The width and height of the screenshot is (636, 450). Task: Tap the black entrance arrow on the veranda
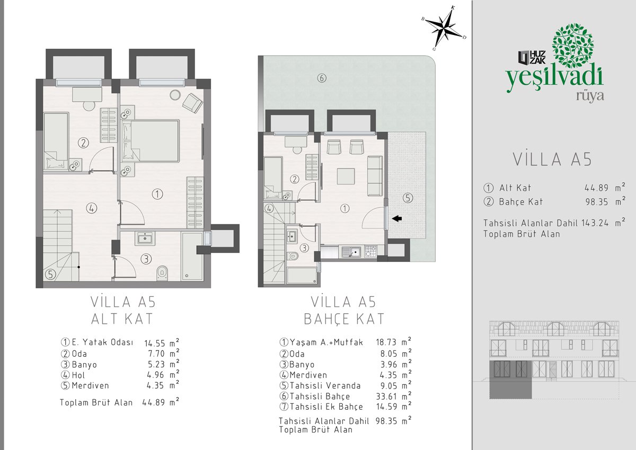[396, 218]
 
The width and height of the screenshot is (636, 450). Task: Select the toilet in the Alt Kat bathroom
[162, 273]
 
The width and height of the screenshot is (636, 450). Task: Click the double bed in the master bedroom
[151, 141]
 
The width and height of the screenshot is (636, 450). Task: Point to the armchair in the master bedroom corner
[192, 103]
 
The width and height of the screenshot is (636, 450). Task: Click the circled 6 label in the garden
[321, 78]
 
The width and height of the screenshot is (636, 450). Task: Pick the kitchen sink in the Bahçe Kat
[351, 251]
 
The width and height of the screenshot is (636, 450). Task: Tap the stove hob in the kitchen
[370, 251]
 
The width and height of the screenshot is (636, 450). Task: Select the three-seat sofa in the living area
[375, 176]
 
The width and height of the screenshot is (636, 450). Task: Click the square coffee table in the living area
[346, 177]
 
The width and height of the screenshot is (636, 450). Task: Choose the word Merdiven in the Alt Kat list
[90, 385]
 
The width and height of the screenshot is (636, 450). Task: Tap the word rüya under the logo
[590, 96]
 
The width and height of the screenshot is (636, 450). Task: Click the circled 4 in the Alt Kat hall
[91, 208]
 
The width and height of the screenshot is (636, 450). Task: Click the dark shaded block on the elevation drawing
[510, 380]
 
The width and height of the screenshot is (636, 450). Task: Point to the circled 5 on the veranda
[408, 198]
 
